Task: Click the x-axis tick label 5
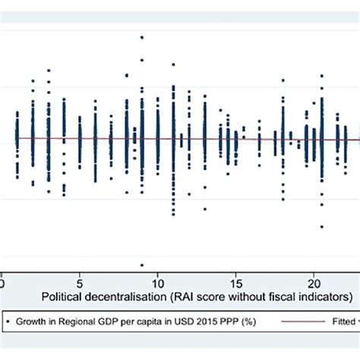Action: [80, 279]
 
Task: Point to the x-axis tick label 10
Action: [157, 279]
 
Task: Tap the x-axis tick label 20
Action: [314, 279]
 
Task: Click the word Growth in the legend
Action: [31, 322]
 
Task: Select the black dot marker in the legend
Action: [8, 322]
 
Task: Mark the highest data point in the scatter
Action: [141, 37]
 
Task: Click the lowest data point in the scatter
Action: [141, 265]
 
